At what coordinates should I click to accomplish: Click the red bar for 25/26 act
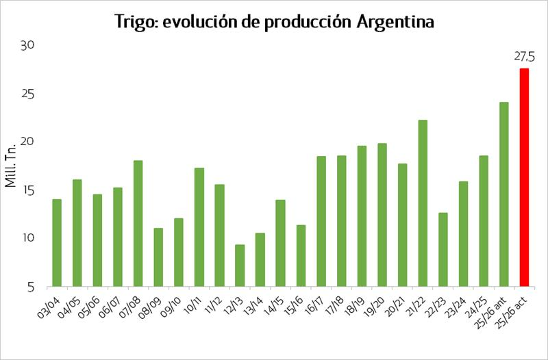point(524,177)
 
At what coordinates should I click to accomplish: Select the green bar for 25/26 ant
point(504,194)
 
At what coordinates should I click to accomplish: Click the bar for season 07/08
point(138,223)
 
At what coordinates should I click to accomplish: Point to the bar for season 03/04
point(57,243)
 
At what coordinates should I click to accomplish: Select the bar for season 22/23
point(443,250)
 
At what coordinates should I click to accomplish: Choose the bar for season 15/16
point(301,256)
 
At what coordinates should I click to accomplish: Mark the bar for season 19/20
point(382,215)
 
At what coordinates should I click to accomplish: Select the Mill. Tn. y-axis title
point(11,164)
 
